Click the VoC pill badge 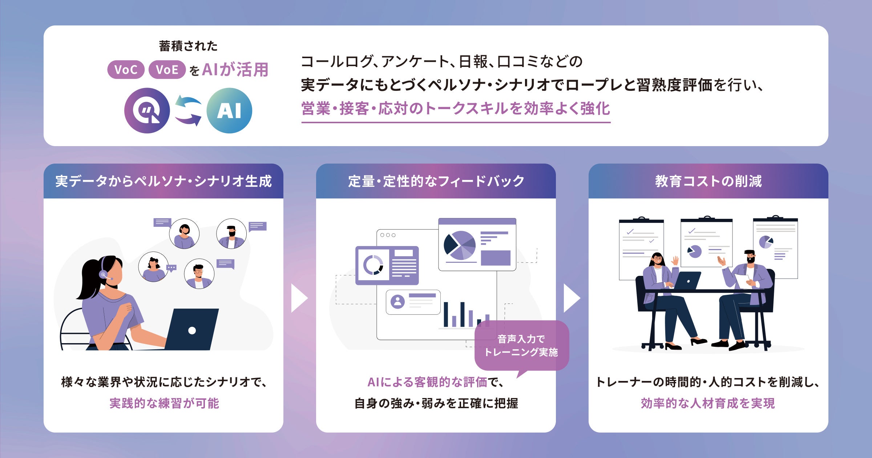pos(126,69)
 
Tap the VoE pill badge pos(167,69)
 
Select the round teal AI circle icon pos(229,111)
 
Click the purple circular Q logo pos(147,111)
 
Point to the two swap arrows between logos pos(188,111)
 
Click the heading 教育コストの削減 pos(708,181)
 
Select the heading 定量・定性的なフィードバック pos(436,181)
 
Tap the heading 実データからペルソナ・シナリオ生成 pos(163,181)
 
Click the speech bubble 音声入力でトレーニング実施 pos(521,346)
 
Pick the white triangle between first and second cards pos(299,298)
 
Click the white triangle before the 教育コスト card pos(571,298)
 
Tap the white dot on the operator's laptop pos(192,330)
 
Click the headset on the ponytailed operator pos(104,271)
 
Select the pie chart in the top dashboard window pos(460,245)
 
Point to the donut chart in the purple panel pos(373,265)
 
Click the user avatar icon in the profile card pos(397,302)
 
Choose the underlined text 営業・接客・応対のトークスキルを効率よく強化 pos(456,109)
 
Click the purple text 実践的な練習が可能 pos(164,403)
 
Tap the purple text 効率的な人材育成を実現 pos(708,403)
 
